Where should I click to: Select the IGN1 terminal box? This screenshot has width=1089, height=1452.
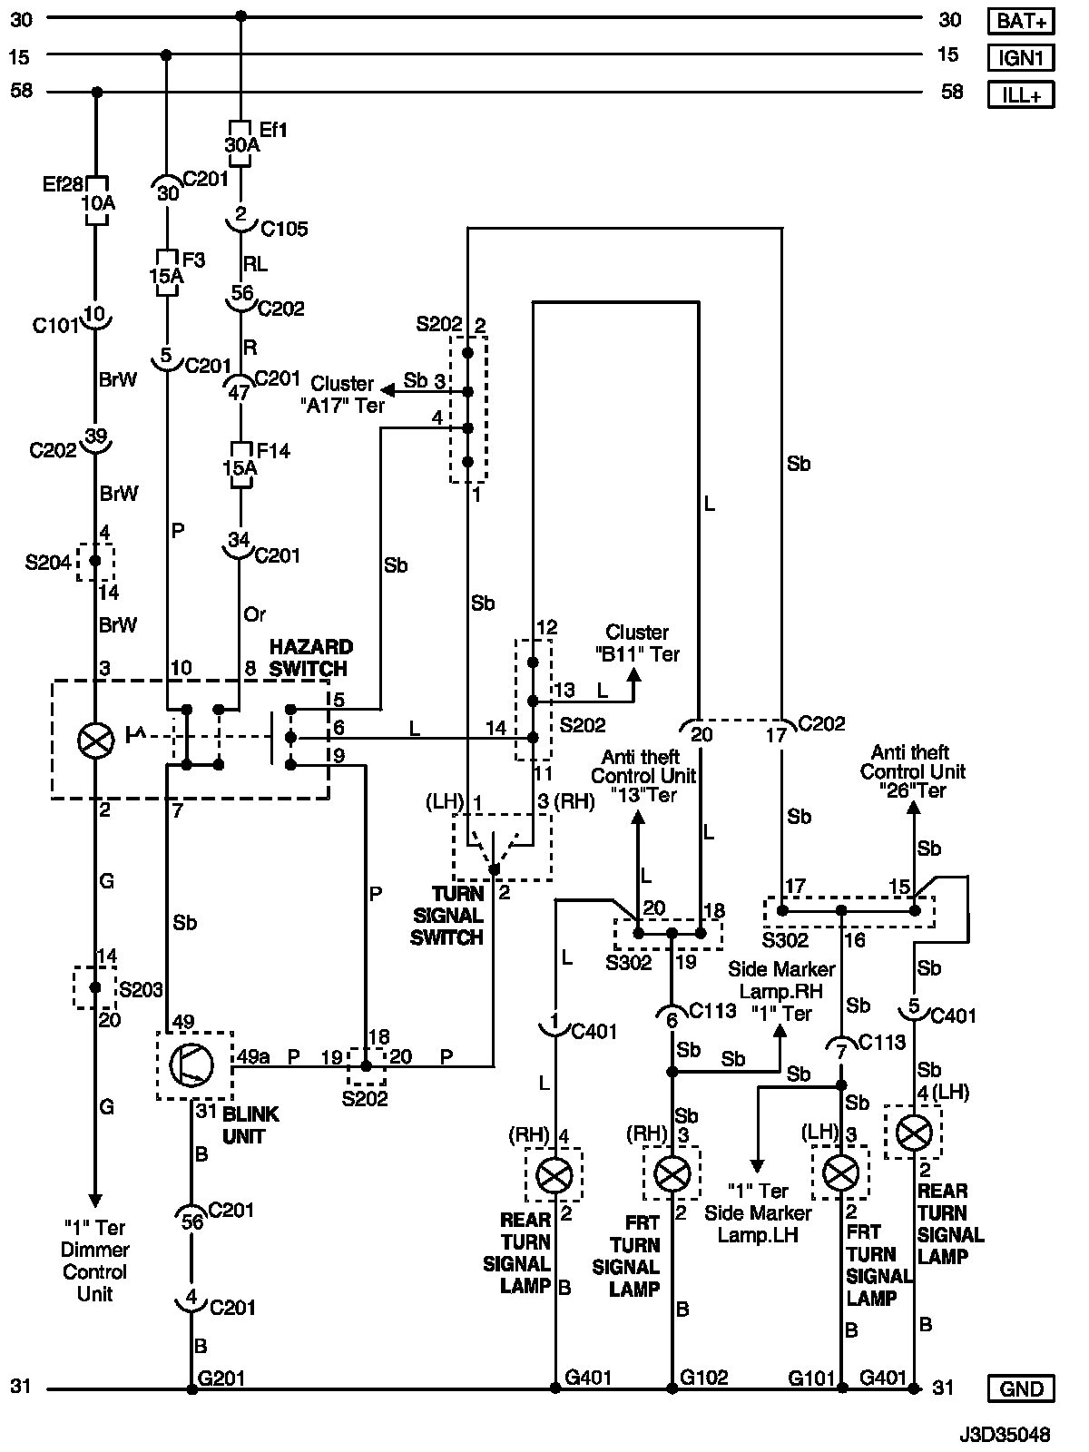click(x=1021, y=58)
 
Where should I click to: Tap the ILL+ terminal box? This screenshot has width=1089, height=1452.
click(x=1021, y=94)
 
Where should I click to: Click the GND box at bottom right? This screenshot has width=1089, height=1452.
click(x=1021, y=1389)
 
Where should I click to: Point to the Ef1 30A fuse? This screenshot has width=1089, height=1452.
click(x=240, y=143)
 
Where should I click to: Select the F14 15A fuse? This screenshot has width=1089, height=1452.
click(x=240, y=466)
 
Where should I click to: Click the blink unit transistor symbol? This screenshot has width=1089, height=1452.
click(x=192, y=1064)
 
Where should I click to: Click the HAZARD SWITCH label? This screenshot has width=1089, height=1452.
click(x=310, y=658)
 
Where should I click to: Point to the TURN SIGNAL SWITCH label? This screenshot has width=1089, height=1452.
click(x=446, y=916)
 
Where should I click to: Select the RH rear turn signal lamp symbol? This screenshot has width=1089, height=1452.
click(x=554, y=1176)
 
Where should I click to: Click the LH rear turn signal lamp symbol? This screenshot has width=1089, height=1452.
click(x=914, y=1132)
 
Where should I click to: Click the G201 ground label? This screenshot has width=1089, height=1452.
click(x=221, y=1378)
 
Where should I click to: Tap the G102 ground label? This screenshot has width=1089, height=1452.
click(x=704, y=1378)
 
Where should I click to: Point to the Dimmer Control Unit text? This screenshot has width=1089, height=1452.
click(x=94, y=1261)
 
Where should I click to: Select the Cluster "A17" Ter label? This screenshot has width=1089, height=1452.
click(x=342, y=395)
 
